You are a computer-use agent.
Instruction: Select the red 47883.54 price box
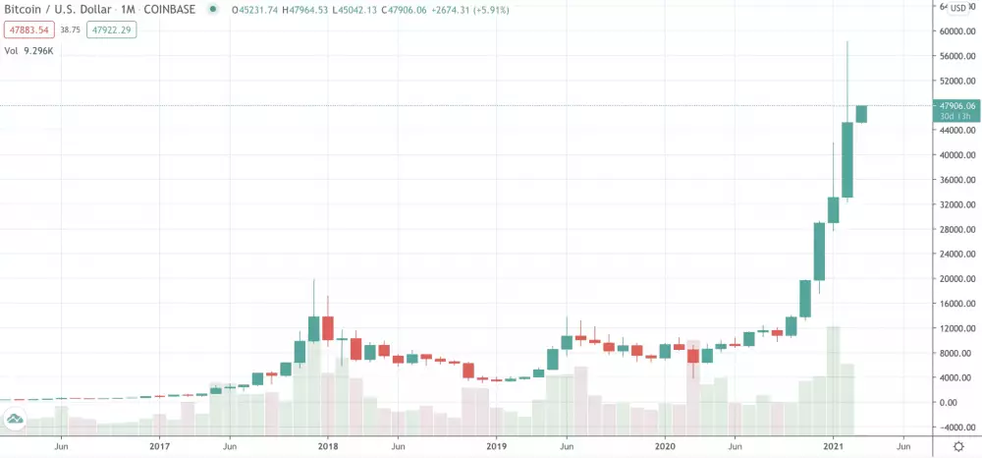(x=27, y=30)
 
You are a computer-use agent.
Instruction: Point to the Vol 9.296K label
(x=29, y=49)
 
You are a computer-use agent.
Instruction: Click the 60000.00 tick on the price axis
(x=955, y=31)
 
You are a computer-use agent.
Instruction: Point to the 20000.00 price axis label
(x=955, y=279)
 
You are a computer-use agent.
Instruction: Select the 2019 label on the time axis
(x=496, y=445)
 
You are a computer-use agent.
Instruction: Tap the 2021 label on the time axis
(x=834, y=445)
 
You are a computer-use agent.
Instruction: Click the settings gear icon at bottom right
(x=958, y=446)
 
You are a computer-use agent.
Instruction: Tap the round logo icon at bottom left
(x=15, y=421)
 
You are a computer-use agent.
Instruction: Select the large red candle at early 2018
(x=328, y=328)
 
